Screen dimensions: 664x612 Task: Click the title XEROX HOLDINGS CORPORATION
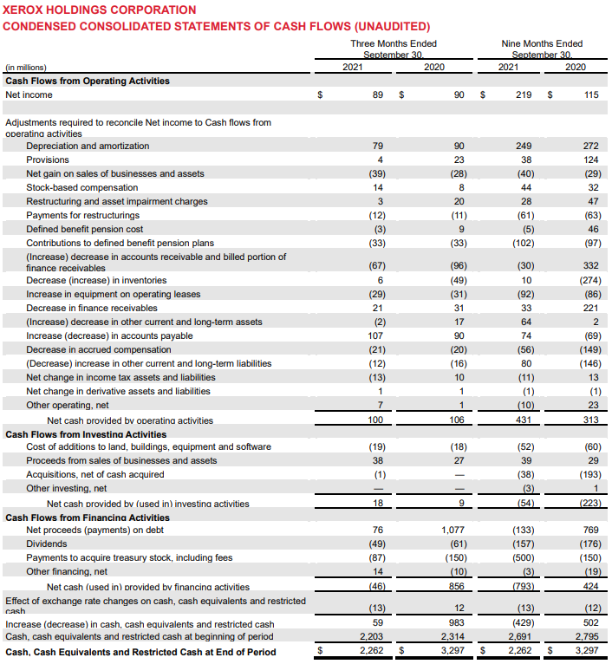coord(101,10)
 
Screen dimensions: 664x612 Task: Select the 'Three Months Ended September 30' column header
coord(394,49)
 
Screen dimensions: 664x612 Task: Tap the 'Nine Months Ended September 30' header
coord(542,49)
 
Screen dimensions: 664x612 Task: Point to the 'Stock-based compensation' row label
coord(81,187)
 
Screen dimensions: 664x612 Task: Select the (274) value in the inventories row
coord(588,280)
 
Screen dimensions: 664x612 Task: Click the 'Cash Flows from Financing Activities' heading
coord(88,518)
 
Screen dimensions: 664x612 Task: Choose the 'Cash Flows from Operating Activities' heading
coord(88,81)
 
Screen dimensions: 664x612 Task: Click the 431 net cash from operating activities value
coord(524,420)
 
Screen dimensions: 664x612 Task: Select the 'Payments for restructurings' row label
coord(82,215)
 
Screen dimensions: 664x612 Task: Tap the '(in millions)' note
coord(26,67)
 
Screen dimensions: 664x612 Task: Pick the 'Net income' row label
coord(29,94)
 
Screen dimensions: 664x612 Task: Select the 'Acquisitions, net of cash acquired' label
coord(95,474)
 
